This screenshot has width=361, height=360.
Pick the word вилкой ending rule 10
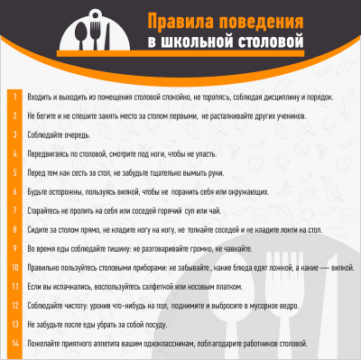tap(342, 267)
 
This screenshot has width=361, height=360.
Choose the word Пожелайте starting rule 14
tap(45, 343)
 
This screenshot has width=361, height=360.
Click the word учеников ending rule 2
tap(277, 115)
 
